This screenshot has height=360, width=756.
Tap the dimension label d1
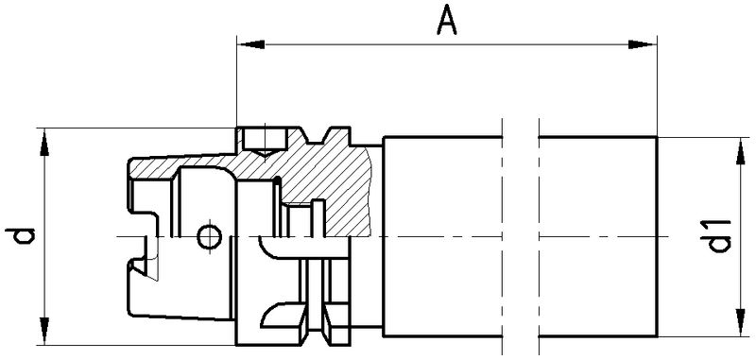[x=718, y=235]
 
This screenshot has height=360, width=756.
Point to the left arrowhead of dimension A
[x=250, y=44]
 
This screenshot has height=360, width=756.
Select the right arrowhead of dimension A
[x=643, y=44]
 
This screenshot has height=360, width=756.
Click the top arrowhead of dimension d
[x=44, y=142]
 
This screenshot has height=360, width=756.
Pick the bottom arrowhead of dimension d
[x=44, y=331]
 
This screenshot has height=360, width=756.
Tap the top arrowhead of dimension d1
[x=741, y=151]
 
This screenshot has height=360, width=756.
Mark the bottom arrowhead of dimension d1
[x=741, y=323]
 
